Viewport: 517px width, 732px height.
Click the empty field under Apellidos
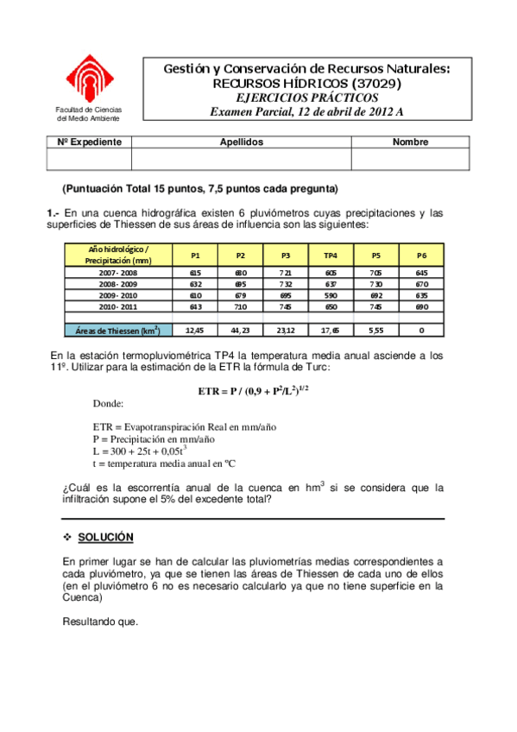point(241,159)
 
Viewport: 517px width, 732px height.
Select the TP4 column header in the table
point(331,256)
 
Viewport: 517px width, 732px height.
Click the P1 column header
point(195,256)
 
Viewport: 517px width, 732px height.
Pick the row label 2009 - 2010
point(117,295)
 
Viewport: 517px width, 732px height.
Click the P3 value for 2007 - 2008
point(285,271)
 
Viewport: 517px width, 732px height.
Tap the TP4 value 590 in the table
point(331,295)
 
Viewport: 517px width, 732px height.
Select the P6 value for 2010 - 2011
point(421,307)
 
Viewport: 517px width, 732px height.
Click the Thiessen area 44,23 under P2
point(241,330)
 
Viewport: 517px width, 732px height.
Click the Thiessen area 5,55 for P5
point(376,330)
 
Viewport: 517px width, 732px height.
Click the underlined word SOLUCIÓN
point(105,537)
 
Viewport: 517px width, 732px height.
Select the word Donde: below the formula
point(108,403)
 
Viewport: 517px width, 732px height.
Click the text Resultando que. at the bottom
point(100,622)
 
